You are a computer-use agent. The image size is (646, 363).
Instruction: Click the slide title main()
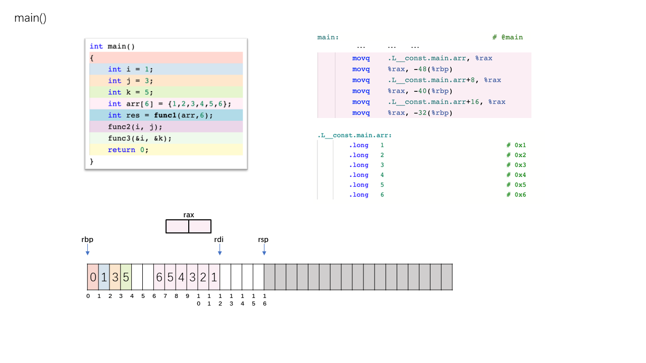pos(30,18)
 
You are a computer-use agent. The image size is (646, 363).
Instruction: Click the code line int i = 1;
pos(130,69)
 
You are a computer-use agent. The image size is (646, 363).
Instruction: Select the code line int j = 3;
pos(130,81)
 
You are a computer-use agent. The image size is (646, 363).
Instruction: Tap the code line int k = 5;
pos(130,92)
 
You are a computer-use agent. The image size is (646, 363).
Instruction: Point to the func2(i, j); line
pos(133,127)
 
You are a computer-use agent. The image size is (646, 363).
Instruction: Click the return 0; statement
pos(128,150)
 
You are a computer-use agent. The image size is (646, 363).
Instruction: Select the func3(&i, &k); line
pos(140,138)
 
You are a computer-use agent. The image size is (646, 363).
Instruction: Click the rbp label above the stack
pos(87,239)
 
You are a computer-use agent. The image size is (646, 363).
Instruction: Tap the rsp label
pos(263,239)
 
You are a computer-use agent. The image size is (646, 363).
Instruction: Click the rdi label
pos(219,239)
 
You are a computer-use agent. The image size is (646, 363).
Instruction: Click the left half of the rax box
pos(177,226)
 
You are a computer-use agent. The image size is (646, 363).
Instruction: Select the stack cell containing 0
pos(93,277)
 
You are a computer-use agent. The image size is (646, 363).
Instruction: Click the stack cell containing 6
pos(159,277)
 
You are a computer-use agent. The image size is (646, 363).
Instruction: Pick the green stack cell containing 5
pos(126,277)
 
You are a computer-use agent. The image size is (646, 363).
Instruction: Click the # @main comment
pos(507,37)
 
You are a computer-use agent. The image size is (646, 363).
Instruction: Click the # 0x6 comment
pos(516,195)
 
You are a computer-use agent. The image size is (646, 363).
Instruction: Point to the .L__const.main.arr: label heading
pos(354,135)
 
